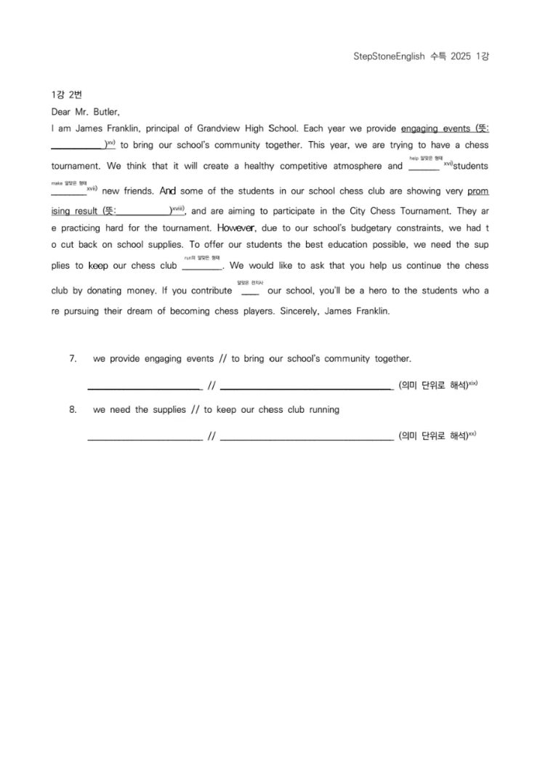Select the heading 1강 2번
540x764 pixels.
coord(63,95)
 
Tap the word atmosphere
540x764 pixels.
coord(355,166)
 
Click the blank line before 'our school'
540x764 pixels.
coord(250,294)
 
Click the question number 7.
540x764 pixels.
coord(73,358)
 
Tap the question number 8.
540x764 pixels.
coord(73,409)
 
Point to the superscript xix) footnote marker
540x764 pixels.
coord(472,382)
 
